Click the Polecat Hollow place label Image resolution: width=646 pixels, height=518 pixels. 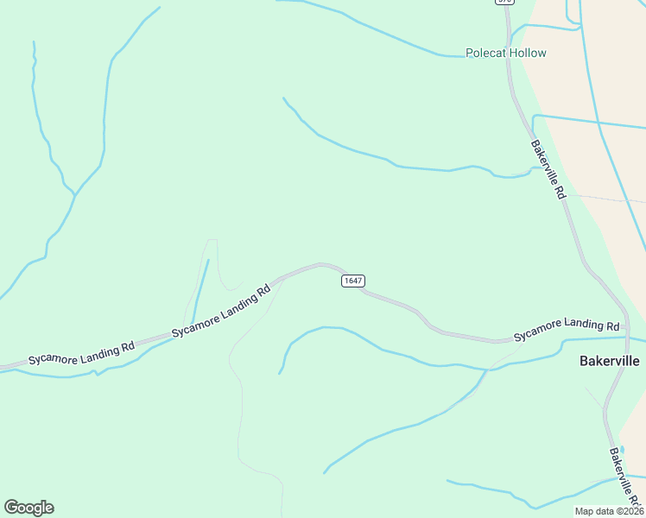(x=506, y=53)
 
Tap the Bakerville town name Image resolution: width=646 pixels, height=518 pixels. (x=609, y=361)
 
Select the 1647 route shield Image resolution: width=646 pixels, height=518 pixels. (x=352, y=281)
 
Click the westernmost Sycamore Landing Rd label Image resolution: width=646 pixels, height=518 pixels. (x=81, y=352)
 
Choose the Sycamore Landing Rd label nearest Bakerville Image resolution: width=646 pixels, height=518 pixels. (x=567, y=330)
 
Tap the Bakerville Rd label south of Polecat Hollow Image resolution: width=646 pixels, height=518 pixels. (x=548, y=170)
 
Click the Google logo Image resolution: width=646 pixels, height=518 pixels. (x=28, y=508)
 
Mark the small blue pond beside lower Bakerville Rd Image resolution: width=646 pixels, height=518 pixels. (x=623, y=450)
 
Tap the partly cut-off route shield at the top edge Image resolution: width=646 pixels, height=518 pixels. (x=503, y=3)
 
